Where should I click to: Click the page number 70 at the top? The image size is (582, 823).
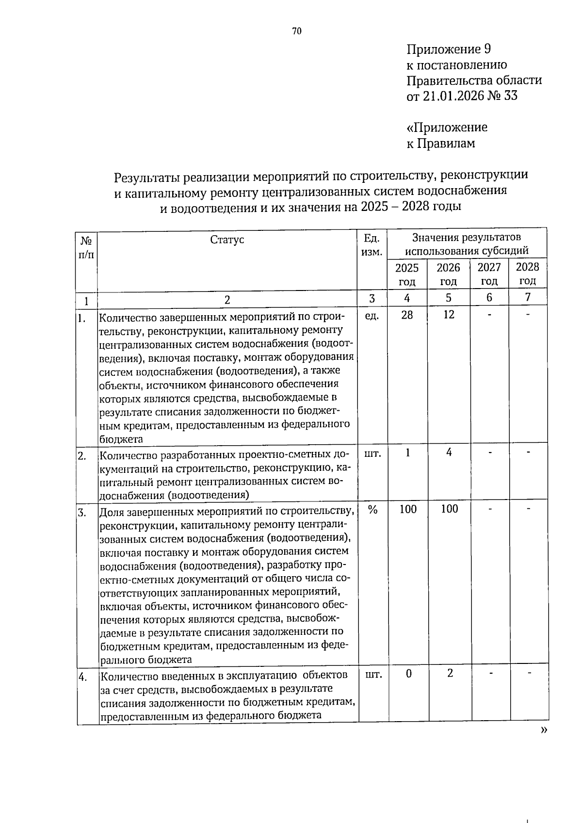coord(297,32)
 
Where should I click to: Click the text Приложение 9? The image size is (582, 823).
coord(449,49)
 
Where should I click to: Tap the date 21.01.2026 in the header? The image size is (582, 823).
coord(453,96)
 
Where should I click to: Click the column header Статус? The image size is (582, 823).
coord(227,240)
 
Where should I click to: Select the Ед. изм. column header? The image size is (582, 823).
coord(372,245)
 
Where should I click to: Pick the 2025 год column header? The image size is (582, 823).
coord(407,274)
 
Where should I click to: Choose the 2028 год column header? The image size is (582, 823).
coord(527,274)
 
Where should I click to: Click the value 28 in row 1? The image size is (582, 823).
coord(407,315)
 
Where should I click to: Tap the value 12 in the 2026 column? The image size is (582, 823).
coord(449,315)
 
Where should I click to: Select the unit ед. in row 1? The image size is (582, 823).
coord(372,316)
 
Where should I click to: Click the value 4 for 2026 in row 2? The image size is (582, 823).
coord(449,452)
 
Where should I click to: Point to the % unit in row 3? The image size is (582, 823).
coord(372,509)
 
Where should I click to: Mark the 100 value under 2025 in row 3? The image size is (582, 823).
coord(408,509)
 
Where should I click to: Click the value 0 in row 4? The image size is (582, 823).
coord(409,674)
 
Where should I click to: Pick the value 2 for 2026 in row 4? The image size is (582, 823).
coord(450,673)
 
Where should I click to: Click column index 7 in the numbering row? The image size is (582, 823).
coord(528,297)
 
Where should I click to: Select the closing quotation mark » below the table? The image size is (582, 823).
coord(543,730)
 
